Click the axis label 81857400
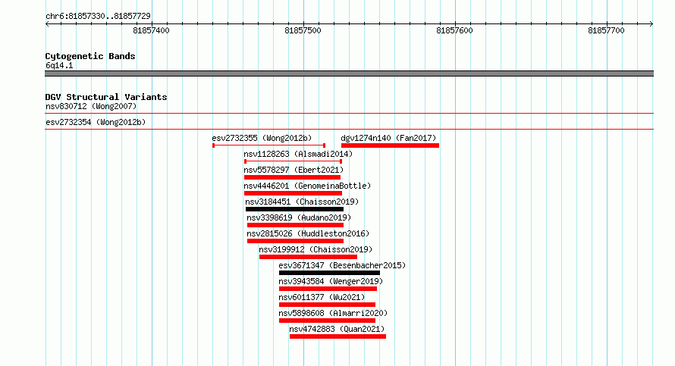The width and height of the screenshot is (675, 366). click(x=151, y=30)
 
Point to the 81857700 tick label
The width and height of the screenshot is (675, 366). click(x=606, y=30)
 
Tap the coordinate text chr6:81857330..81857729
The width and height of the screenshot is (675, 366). click(x=98, y=17)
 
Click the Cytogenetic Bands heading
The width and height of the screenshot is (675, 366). click(x=90, y=56)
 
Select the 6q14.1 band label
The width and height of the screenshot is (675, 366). click(x=59, y=65)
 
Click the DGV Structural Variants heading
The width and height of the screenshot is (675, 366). click(x=106, y=97)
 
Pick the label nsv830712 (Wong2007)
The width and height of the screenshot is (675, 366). click(x=91, y=106)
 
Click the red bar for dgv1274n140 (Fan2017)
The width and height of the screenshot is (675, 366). click(x=390, y=145)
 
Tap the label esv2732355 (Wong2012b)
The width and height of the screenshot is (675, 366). click(x=262, y=138)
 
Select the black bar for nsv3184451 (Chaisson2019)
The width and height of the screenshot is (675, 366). click(x=294, y=209)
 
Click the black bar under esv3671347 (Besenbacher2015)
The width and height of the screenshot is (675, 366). click(x=329, y=273)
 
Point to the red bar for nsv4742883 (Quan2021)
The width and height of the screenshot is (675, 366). click(x=338, y=336)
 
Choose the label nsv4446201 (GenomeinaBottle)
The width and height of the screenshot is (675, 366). click(x=307, y=186)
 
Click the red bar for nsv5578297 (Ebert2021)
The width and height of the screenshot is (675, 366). click(x=292, y=177)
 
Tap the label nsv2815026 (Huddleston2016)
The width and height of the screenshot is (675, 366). click(x=308, y=233)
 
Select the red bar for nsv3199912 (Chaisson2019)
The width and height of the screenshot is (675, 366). click(x=308, y=257)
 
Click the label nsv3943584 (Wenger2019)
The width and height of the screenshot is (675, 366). click(x=331, y=281)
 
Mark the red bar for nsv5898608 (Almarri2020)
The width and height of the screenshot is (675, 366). click(x=327, y=321)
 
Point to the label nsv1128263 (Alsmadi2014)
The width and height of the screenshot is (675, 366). click(x=298, y=154)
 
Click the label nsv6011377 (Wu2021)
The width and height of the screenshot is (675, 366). click(x=322, y=297)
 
